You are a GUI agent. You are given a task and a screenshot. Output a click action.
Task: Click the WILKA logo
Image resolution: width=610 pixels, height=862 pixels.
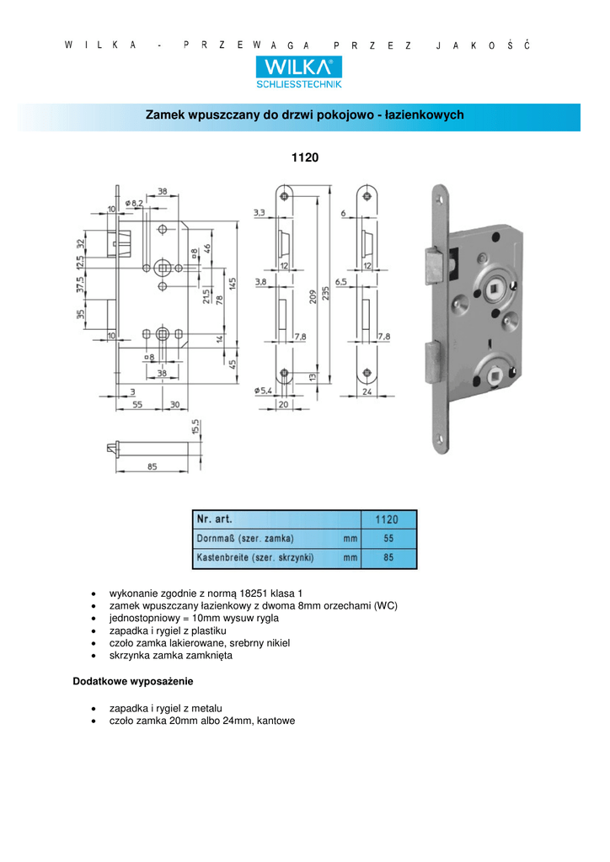pyautogui.click(x=298, y=72)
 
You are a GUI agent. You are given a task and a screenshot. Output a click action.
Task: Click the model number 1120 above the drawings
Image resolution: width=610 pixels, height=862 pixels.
pyautogui.click(x=305, y=157)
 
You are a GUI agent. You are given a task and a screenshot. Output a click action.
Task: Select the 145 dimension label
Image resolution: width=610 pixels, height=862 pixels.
pyautogui.click(x=233, y=284)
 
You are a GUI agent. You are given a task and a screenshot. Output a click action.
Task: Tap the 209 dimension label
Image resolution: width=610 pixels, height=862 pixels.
pyautogui.click(x=313, y=297)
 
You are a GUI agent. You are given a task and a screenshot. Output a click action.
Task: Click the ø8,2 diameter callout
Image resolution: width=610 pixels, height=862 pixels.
pyautogui.click(x=134, y=204)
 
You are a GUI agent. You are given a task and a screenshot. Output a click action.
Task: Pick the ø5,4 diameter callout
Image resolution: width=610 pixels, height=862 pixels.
pyautogui.click(x=263, y=391)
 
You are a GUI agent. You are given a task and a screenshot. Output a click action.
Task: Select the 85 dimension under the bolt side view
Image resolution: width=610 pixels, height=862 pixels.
pyautogui.click(x=152, y=466)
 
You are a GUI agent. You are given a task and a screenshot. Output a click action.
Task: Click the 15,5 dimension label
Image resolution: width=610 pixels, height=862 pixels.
pyautogui.click(x=195, y=427)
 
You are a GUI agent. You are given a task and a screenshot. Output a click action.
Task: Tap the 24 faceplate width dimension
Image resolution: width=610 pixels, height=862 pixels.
pyautogui.click(x=367, y=392)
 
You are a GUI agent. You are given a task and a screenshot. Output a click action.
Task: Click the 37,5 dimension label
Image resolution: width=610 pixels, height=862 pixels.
pyautogui.click(x=80, y=285)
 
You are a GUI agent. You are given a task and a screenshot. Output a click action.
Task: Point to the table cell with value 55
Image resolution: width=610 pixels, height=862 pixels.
pyautogui.click(x=388, y=539)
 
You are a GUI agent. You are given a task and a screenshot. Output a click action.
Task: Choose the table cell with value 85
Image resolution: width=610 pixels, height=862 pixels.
pyautogui.click(x=388, y=557)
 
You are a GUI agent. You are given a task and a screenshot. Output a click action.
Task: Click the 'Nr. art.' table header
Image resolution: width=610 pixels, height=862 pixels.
pyautogui.click(x=215, y=519)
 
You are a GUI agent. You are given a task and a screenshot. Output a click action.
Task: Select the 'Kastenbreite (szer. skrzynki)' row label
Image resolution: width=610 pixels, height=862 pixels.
pyautogui.click(x=255, y=557)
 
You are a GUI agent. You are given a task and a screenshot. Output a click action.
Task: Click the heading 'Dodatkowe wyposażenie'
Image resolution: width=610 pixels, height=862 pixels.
pyautogui.click(x=133, y=682)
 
